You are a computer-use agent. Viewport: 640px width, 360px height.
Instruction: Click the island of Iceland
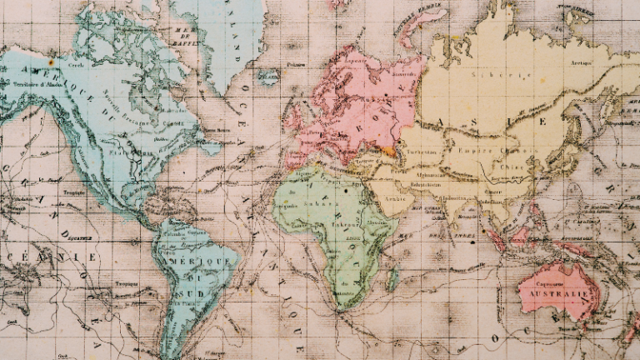[268, 77]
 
